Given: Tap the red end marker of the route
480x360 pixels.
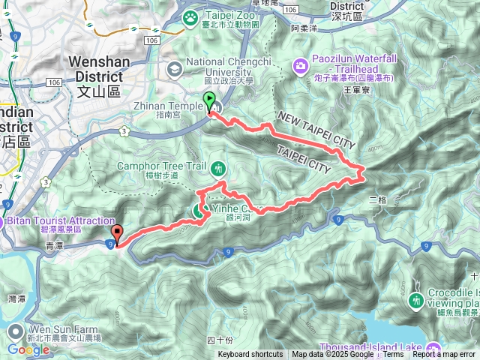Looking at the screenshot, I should point(117,231).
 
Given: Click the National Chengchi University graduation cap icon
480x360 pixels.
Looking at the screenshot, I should point(175,69).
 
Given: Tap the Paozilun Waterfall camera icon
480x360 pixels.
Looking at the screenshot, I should point(300,66).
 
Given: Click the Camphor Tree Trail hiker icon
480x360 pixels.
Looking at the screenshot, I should point(218,166).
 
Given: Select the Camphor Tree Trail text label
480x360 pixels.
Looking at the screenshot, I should point(158,166).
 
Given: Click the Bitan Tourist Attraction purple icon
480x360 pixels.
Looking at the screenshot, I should point(2,222).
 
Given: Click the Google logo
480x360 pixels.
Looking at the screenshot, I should point(28,349).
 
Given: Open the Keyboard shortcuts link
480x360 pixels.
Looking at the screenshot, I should point(250,355).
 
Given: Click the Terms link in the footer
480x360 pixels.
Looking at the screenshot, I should point(393,355).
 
